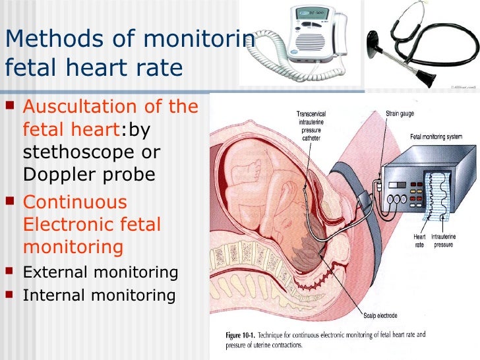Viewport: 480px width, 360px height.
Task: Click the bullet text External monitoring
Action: pyautogui.click(x=100, y=272)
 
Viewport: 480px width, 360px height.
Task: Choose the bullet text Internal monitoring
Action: pyautogui.click(x=99, y=295)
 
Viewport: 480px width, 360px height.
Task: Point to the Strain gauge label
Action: pyautogui.click(x=400, y=113)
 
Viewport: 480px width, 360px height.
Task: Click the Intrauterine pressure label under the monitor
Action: pyautogui.click(x=446, y=240)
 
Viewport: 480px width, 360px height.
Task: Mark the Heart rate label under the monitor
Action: pyautogui.click(x=420, y=240)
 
